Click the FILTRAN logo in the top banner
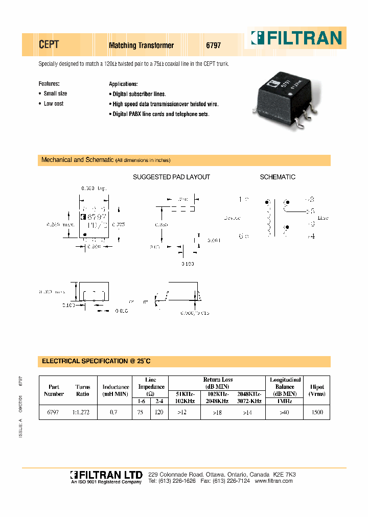point(295,38)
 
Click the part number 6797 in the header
point(213,45)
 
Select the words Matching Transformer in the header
point(141,45)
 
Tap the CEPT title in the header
point(49,45)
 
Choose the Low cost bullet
point(54,104)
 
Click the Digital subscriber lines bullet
point(139,95)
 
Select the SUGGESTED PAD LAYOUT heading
point(171,177)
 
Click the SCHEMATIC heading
point(278,177)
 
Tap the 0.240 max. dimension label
point(60,224)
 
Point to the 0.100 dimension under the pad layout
point(189,264)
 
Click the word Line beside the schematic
point(323,218)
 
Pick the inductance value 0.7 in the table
point(116,412)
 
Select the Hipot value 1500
point(316,412)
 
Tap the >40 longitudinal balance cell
point(285,412)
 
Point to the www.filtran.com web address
point(273,481)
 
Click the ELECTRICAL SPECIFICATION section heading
point(96,361)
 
